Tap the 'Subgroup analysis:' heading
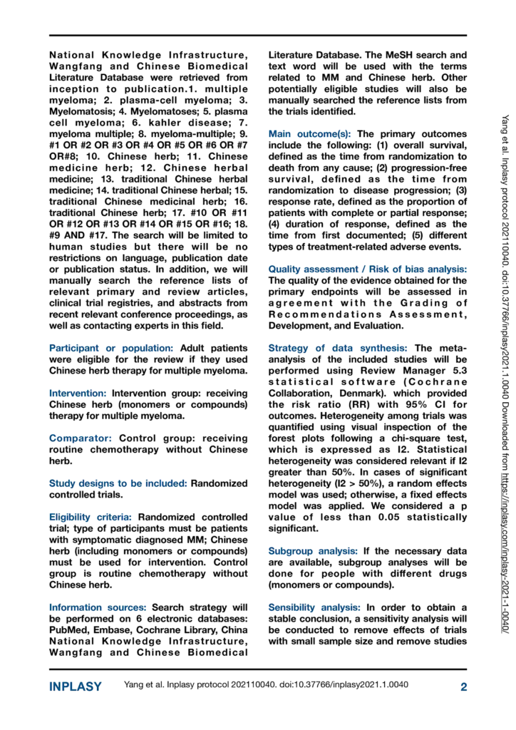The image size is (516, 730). pyautogui.click(x=315, y=551)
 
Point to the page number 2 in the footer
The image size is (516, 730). pyautogui.click(x=463, y=687)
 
